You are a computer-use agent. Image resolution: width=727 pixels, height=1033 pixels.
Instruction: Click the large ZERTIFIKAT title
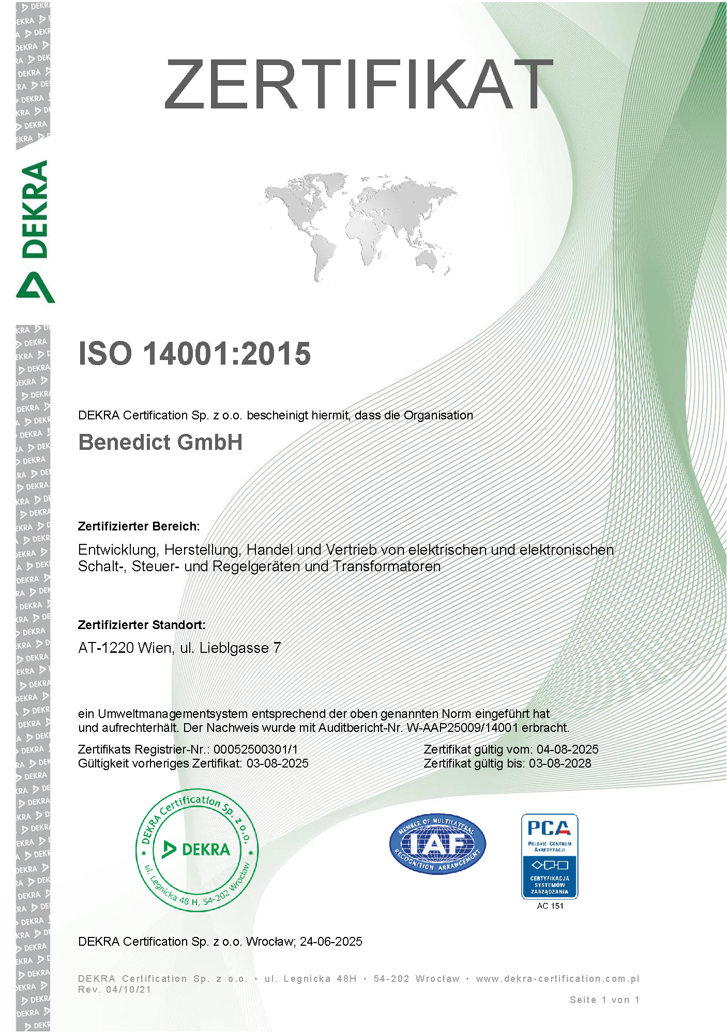point(358,84)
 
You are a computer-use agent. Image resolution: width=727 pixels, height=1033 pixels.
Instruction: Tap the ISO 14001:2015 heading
point(194,354)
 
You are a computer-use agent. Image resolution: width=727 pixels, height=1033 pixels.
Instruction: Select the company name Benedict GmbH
point(160,442)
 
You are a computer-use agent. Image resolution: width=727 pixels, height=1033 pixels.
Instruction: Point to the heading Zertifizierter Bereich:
point(139,526)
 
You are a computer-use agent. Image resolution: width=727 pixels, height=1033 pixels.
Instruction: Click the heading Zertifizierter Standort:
point(142,625)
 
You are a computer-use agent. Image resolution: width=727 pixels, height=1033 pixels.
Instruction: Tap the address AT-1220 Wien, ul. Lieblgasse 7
point(179,648)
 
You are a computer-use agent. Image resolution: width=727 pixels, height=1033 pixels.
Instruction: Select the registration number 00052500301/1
point(255,749)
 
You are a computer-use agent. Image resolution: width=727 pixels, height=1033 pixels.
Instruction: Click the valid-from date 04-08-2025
point(567,749)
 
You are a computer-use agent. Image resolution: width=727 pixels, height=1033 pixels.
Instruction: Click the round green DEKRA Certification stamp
point(196,850)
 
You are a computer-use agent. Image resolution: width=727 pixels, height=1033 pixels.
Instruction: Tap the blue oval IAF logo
point(437,843)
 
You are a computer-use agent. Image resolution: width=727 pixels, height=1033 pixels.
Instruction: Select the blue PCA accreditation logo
point(549,856)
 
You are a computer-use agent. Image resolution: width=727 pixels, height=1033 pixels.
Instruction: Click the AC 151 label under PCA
point(550,905)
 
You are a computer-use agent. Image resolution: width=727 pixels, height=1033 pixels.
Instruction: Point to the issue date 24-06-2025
point(331,942)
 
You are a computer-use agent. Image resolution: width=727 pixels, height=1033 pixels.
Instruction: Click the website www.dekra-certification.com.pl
point(557,979)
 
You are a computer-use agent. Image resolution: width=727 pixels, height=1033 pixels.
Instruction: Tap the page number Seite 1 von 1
point(604,1000)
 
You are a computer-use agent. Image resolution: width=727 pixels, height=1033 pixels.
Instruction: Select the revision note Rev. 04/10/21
point(115,990)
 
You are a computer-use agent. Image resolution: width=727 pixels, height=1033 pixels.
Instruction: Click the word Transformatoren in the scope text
point(386,567)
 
